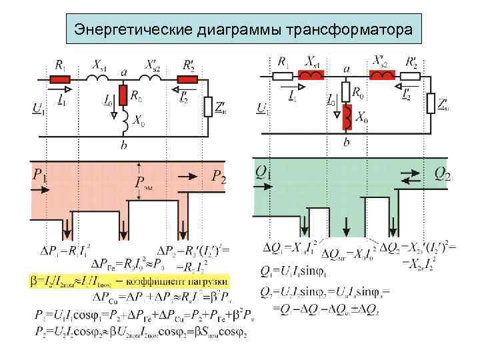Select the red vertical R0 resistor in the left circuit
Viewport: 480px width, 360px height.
pos(123,95)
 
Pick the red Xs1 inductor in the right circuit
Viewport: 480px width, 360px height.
pos(312,77)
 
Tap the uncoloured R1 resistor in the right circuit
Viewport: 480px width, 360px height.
pos(283,77)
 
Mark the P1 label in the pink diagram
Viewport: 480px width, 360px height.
pos(40,176)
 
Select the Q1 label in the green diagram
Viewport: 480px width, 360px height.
pos(263,173)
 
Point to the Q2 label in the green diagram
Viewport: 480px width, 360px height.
pos(442,174)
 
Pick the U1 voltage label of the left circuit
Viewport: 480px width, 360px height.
pos(38,108)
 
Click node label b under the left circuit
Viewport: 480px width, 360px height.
pos(124,144)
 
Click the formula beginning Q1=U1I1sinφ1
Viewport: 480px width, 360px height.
pos(293,272)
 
